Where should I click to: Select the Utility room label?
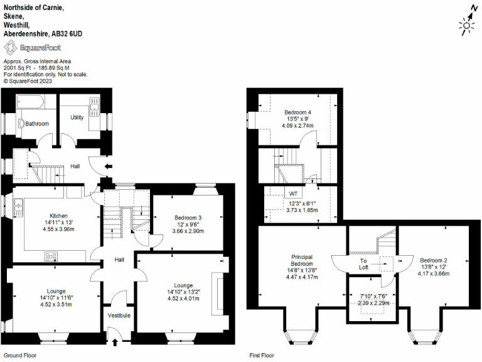tap(77, 118)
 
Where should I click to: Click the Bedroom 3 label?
tap(188, 218)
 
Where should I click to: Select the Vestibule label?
tap(119, 315)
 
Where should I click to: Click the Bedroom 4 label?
tap(299, 112)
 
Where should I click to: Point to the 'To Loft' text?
tap(363, 264)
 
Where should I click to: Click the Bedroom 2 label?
tap(434, 260)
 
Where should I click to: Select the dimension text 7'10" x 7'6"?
tap(374, 296)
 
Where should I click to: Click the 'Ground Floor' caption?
tap(18, 356)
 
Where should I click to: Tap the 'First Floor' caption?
tap(262, 356)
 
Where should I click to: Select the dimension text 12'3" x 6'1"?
tap(302, 203)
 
